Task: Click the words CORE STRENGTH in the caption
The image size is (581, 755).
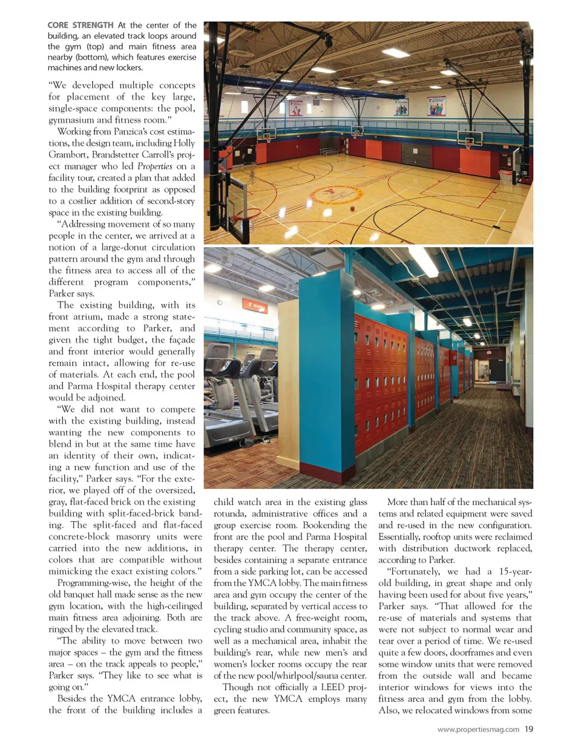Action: point(80,25)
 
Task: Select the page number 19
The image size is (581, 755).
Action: point(528,729)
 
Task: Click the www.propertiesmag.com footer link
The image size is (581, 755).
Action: point(478,730)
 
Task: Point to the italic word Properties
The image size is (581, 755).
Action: point(154,166)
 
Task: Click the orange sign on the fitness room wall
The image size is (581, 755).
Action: point(255,304)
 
